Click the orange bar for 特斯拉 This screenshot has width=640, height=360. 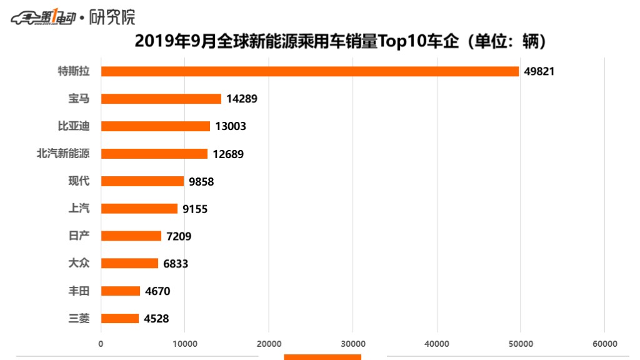coord(309,71)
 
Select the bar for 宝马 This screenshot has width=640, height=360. coord(161,99)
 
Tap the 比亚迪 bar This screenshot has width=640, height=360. coord(155,126)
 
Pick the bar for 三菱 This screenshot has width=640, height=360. coord(119,318)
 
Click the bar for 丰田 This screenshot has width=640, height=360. coord(120,291)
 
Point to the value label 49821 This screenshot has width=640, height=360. coord(539,71)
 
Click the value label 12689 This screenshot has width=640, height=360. coord(228,154)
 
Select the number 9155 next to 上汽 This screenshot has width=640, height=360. coord(195,209)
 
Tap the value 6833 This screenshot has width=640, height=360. coord(176,264)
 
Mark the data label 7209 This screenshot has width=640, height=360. coord(179,236)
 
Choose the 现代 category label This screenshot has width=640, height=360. coord(79,181)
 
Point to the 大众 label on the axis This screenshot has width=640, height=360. coord(79,263)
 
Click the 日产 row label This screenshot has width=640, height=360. coord(79,236)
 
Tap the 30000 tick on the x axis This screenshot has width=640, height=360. coord(352,344)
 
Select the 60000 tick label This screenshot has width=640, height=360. coord(604,344)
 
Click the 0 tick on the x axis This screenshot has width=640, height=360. coord(101,344)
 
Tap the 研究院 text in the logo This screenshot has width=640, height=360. coord(112,17)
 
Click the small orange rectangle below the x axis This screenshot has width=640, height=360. coord(322,357)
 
